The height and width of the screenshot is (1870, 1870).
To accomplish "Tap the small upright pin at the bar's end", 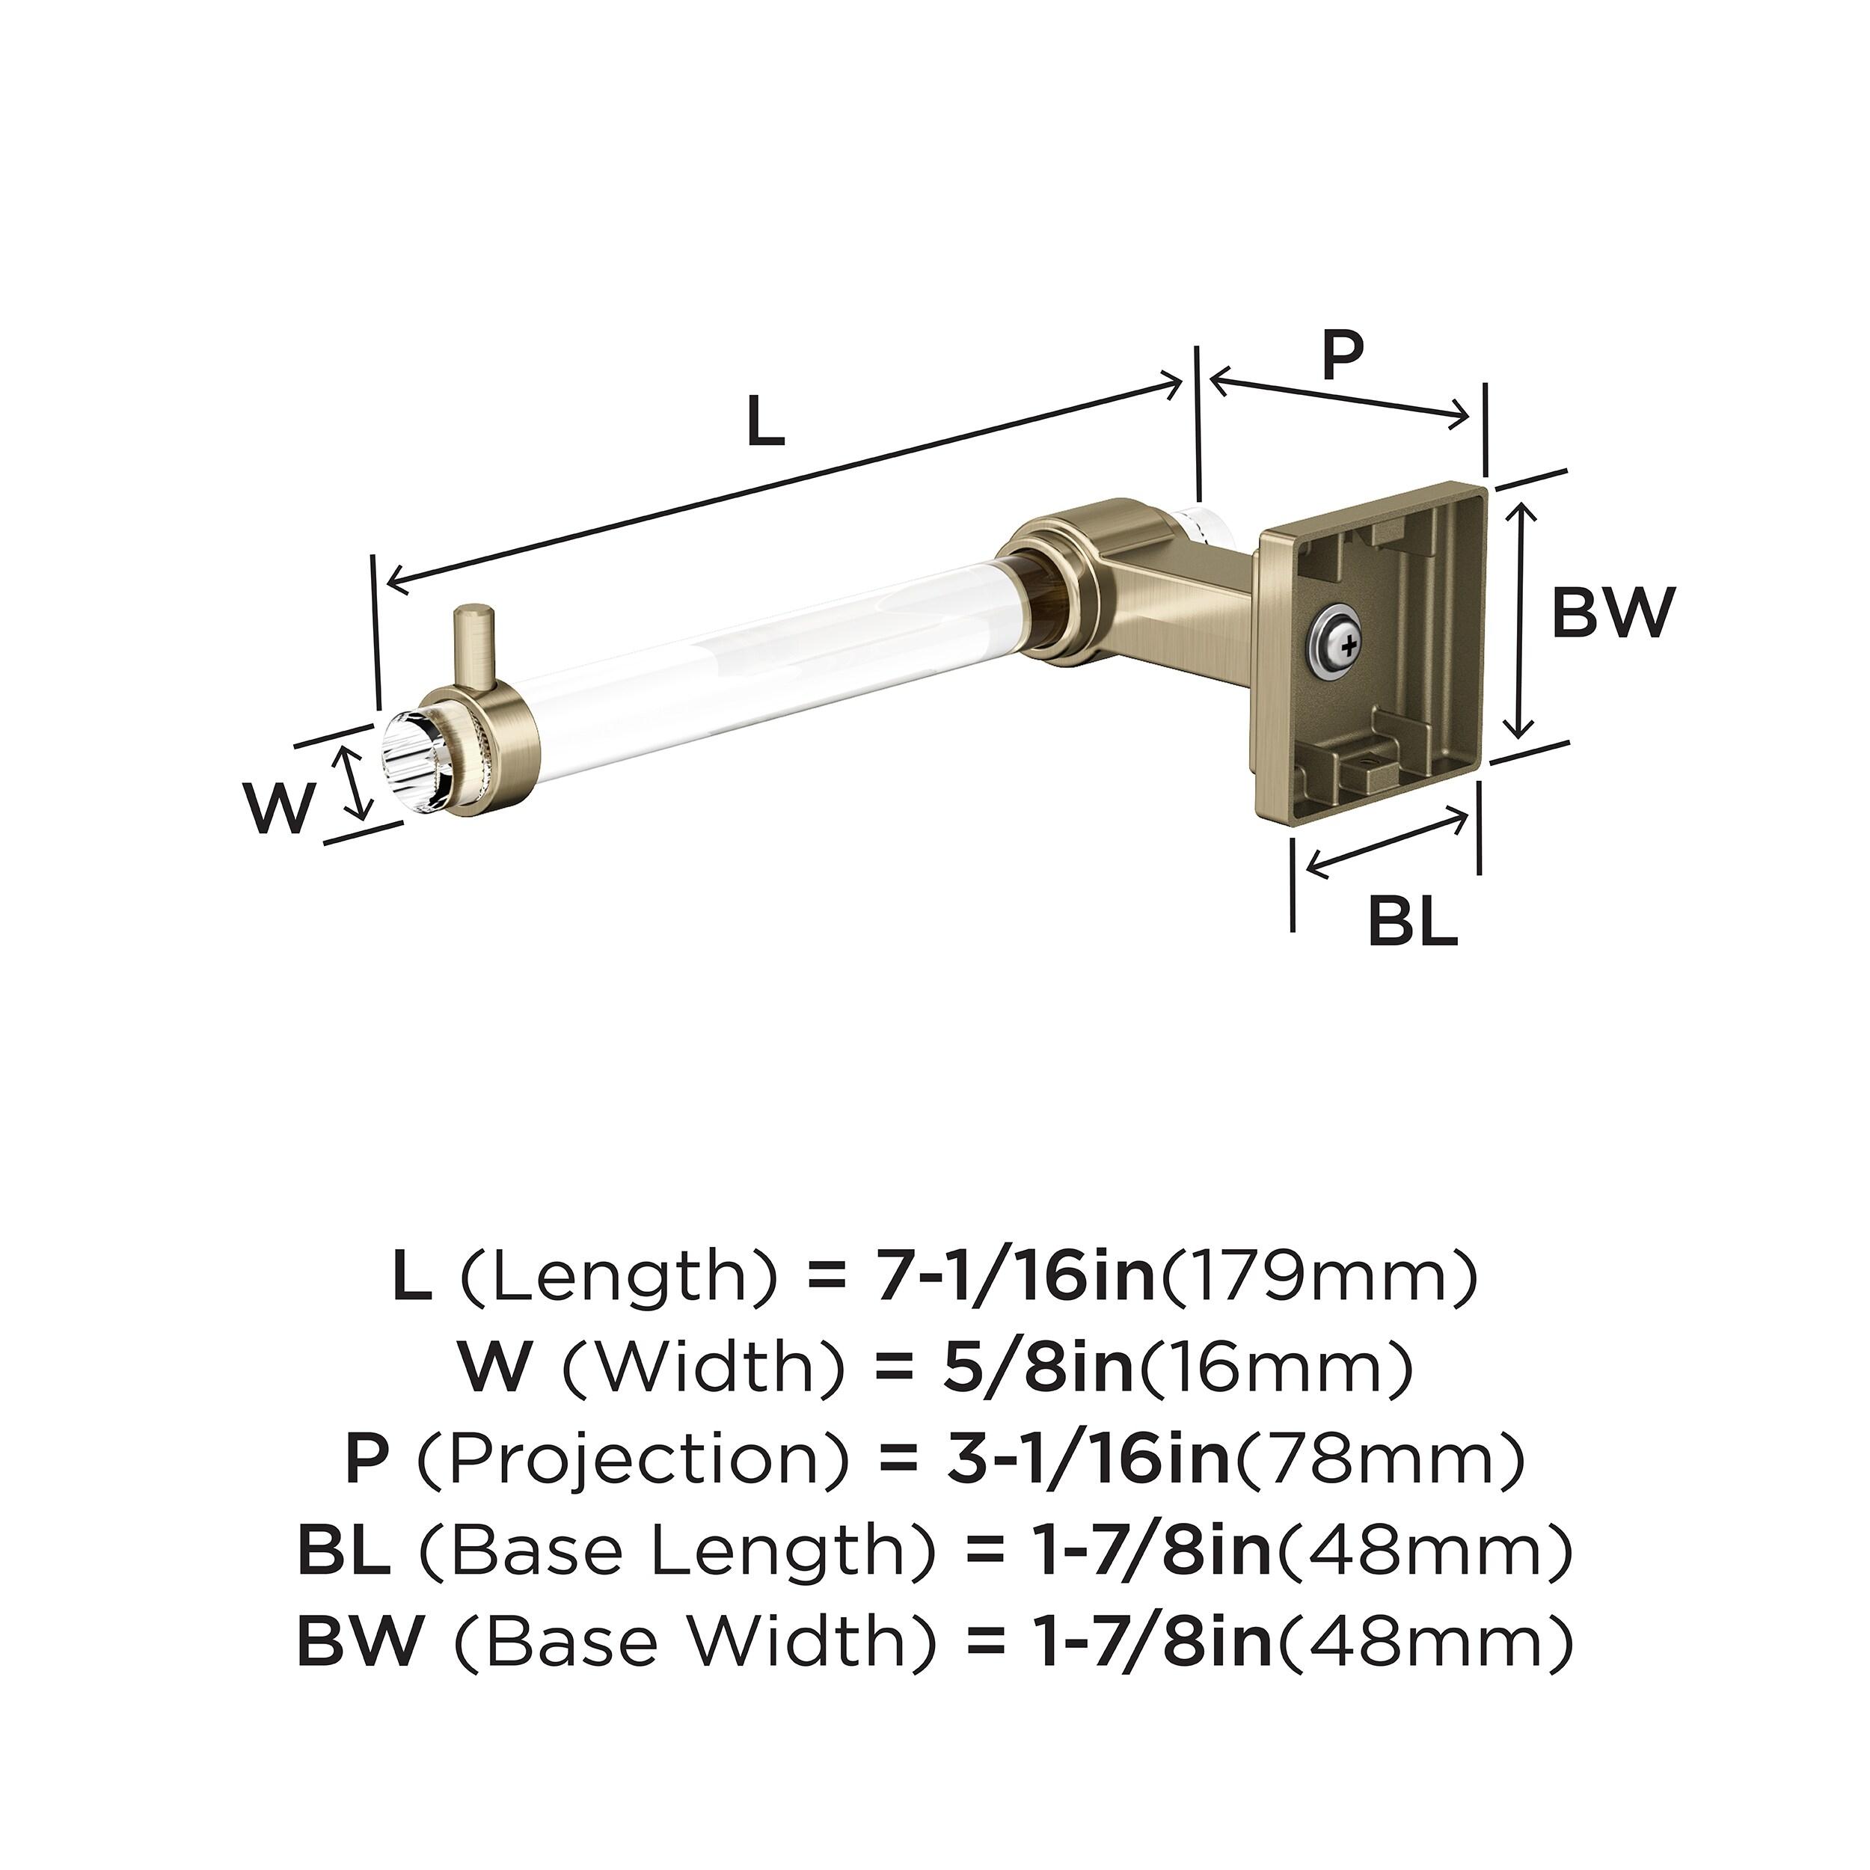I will (475, 644).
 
